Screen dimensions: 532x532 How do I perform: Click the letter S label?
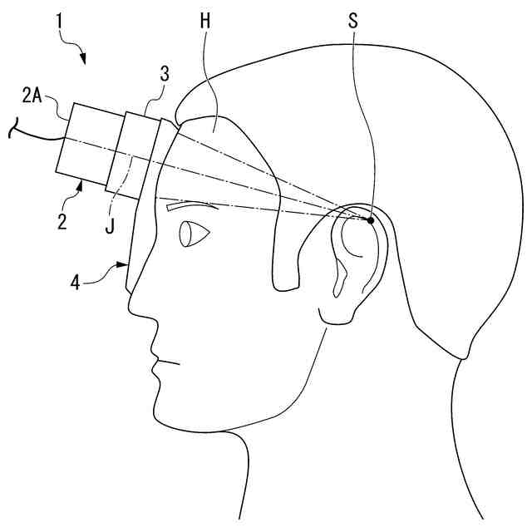pyautogui.click(x=353, y=22)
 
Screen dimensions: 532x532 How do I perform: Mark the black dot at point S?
pyautogui.click(x=370, y=219)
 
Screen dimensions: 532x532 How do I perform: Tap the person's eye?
pyautogui.click(x=192, y=234)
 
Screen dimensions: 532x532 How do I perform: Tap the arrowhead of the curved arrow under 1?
pyautogui.click(x=84, y=58)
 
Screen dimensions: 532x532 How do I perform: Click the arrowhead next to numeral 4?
pyautogui.click(x=125, y=265)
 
